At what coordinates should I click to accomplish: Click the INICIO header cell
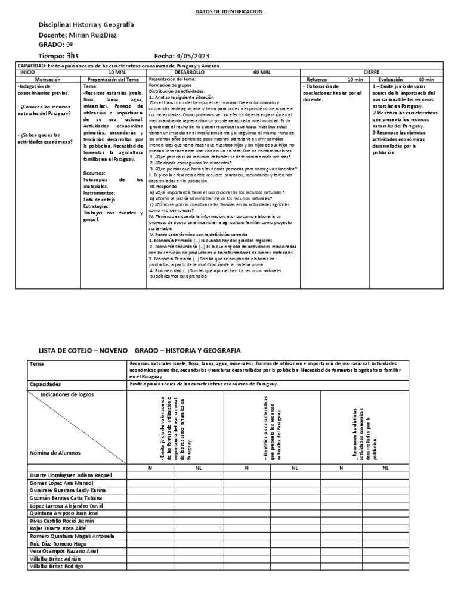[28, 71]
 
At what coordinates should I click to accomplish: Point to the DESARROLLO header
[189, 71]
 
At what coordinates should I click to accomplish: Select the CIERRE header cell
[371, 71]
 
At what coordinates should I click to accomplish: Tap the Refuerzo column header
[317, 79]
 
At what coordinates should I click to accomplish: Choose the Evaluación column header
[390, 79]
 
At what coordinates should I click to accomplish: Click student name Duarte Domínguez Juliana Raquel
[70, 475]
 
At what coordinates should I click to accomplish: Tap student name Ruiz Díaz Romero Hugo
[57, 543]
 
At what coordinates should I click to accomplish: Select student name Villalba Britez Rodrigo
[57, 566]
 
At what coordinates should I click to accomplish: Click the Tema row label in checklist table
[37, 363]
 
